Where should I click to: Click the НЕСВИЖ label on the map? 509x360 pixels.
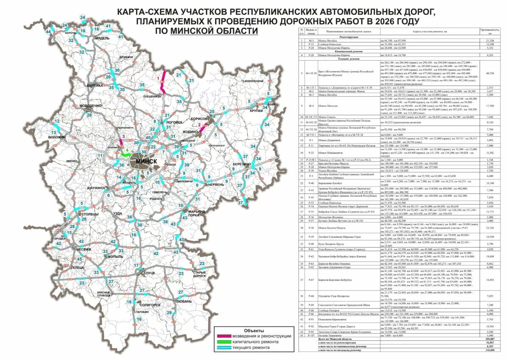[x=84, y=249]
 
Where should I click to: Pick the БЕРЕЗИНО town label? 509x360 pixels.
[x=241, y=164]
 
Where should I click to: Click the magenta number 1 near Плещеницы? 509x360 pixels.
[x=158, y=78]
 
